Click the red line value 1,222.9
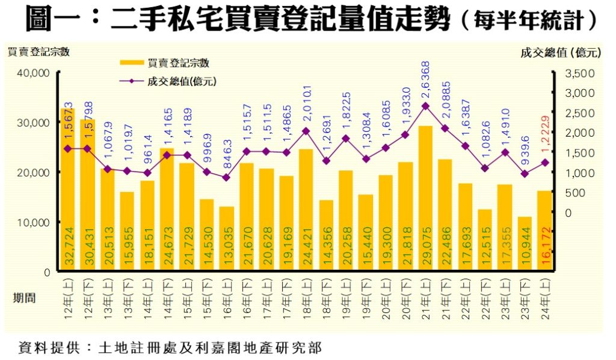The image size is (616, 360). (x=545, y=132)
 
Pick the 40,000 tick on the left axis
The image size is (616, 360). (x=33, y=73)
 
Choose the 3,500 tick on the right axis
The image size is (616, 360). (x=580, y=73)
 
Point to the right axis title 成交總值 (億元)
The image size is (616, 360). (x=561, y=52)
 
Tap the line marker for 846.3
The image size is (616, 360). (x=226, y=178)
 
